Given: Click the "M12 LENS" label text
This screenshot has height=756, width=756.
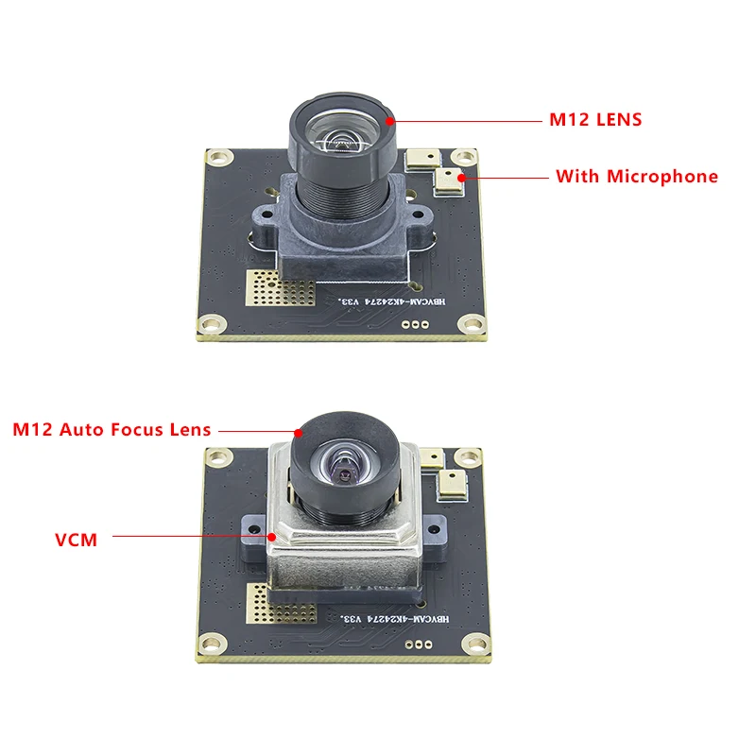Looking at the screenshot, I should [x=595, y=120].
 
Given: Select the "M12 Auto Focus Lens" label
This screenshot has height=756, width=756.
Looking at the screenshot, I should [x=112, y=429].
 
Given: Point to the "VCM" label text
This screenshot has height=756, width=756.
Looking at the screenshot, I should [x=76, y=541].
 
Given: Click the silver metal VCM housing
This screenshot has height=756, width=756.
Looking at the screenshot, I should [x=340, y=558].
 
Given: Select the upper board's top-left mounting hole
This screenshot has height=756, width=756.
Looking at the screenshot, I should [x=219, y=157].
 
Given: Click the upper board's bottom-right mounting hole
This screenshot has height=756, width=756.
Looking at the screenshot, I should [x=470, y=326].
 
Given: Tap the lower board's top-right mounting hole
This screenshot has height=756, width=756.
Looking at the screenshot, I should [x=463, y=456].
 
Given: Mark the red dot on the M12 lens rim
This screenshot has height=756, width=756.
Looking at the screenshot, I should [x=389, y=120].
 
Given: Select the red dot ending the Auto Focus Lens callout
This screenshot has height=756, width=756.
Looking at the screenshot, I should [x=299, y=433].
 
